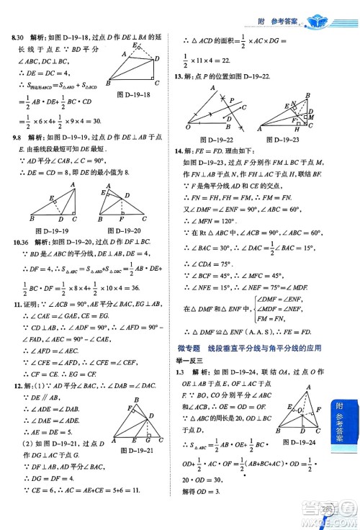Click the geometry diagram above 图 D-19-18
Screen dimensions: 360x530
[132, 67]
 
